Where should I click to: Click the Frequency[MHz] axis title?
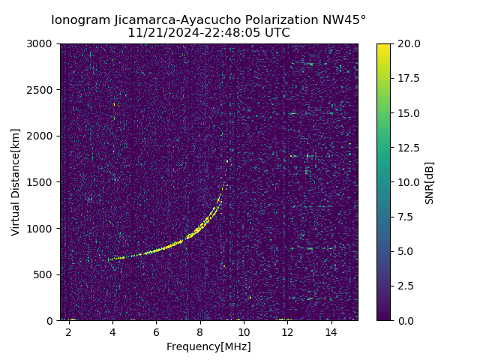(208, 346)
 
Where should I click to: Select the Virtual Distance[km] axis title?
(16, 181)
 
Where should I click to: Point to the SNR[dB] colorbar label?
(429, 182)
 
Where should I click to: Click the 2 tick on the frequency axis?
(69, 331)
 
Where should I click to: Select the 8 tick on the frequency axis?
(200, 331)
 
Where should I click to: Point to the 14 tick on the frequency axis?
(331, 331)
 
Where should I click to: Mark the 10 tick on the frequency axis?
(244, 331)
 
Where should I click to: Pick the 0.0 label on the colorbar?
(405, 320)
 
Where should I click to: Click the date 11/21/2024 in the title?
(160, 33)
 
